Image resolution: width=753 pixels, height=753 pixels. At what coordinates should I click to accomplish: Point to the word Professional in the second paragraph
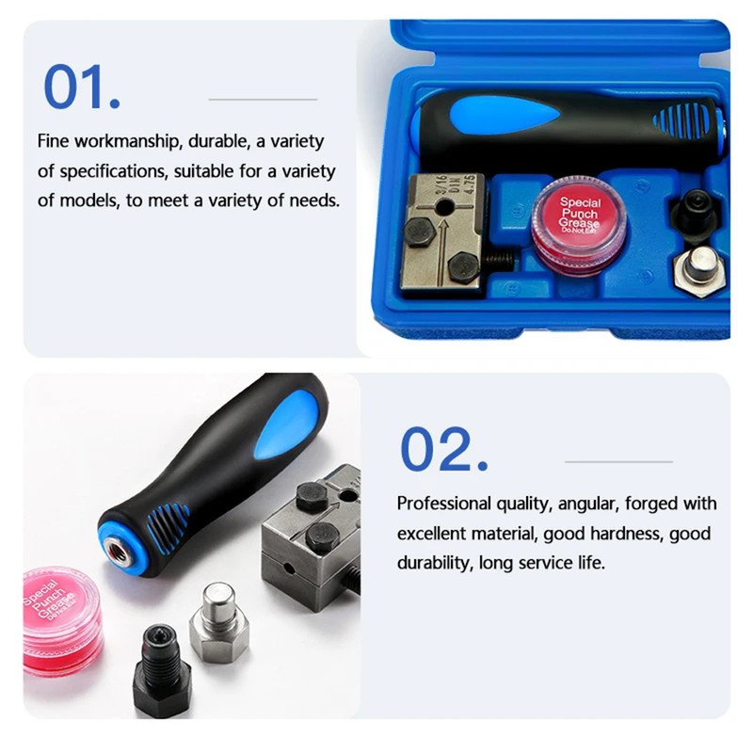click(x=445, y=504)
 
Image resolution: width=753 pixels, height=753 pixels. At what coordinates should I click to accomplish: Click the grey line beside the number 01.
click(x=263, y=99)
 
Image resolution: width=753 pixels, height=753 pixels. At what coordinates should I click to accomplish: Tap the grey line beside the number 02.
click(x=618, y=461)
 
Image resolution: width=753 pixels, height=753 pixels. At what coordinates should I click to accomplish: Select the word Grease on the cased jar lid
click(x=580, y=224)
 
